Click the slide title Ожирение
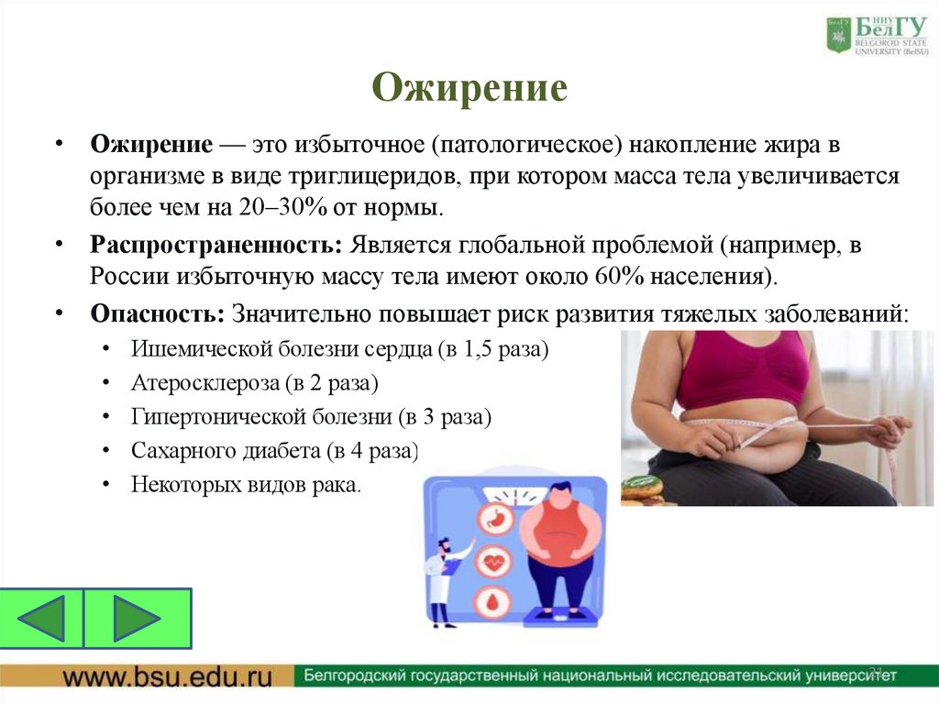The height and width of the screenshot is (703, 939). pyautogui.click(x=469, y=89)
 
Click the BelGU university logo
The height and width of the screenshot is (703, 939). pyautogui.click(x=876, y=36)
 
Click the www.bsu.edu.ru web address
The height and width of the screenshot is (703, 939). pyautogui.click(x=168, y=677)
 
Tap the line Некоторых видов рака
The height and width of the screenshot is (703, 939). pyautogui.click(x=247, y=484)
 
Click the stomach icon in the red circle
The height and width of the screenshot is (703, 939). pyautogui.click(x=494, y=521)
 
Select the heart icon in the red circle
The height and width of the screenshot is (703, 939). pyautogui.click(x=494, y=561)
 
